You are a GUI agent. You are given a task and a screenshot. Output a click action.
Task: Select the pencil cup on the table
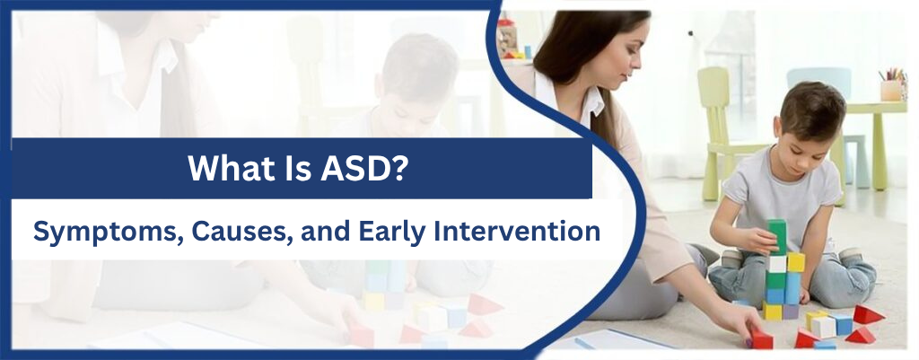pos(891,88)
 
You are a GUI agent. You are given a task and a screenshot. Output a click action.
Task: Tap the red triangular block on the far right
pos(869,314)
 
